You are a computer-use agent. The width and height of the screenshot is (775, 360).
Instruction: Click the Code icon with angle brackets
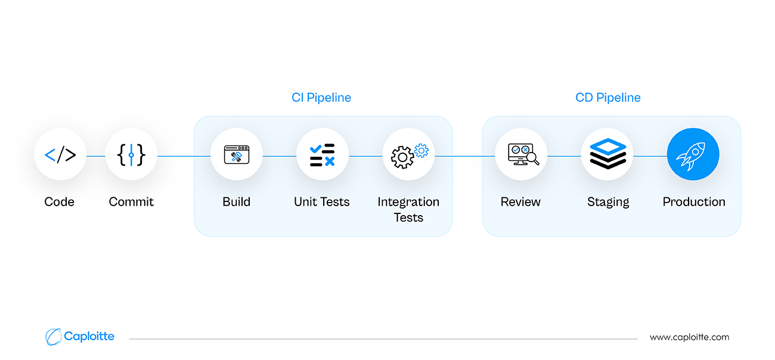coord(60,154)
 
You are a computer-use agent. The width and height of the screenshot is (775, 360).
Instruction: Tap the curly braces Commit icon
coord(131,154)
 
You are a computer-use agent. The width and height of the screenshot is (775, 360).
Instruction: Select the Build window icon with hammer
coord(237,154)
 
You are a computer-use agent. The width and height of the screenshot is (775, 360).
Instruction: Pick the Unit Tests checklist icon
coord(323,154)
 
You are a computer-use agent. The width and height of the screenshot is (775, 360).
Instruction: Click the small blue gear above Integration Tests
coord(421,150)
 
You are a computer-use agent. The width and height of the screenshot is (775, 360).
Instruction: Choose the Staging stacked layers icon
coord(608,154)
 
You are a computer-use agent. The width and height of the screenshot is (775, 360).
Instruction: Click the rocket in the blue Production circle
coord(691,156)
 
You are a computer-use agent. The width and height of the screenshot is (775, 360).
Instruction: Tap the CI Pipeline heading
coord(321,98)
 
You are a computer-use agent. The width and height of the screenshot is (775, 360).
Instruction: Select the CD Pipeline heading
coord(608,98)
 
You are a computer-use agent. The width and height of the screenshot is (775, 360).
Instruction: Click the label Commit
coord(131,201)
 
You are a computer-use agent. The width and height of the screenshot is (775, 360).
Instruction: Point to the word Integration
coord(408,202)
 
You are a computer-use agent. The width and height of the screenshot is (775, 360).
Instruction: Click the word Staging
coord(608,202)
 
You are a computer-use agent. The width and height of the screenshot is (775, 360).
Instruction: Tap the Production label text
coord(694,201)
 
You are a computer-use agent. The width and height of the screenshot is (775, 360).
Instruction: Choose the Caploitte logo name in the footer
coord(89,336)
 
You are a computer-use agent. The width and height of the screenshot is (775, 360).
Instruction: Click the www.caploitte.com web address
coord(689,337)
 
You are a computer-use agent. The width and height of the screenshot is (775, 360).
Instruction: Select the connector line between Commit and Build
coord(184,156)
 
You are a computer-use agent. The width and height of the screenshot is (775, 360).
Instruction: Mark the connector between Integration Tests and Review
coord(465,156)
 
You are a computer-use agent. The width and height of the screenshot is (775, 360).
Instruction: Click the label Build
coord(236,201)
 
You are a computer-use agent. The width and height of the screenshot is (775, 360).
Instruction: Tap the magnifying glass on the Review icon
coord(533,159)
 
